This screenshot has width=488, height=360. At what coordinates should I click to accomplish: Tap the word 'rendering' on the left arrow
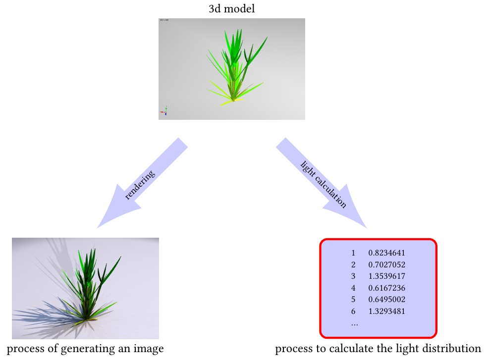[140, 185]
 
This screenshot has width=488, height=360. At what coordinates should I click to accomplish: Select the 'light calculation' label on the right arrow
[323, 184]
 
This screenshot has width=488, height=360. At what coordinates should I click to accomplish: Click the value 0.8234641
[387, 253]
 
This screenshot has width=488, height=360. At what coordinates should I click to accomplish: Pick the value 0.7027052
[387, 264]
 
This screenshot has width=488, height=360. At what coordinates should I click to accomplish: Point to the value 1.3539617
[387, 276]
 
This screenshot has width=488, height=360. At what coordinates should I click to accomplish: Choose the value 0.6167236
[387, 288]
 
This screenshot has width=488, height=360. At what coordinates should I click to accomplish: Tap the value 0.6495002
[387, 300]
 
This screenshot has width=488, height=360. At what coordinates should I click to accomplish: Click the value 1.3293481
[387, 312]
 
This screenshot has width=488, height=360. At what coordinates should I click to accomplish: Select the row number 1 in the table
[353, 253]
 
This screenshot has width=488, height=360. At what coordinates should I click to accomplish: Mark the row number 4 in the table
[353, 288]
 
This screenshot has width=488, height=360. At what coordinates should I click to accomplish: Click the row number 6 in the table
[353, 312]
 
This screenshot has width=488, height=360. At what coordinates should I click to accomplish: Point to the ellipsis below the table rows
[354, 324]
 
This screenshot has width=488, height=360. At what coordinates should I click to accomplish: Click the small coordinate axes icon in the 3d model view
[164, 111]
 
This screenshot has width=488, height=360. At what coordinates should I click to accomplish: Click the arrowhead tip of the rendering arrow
[98, 227]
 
